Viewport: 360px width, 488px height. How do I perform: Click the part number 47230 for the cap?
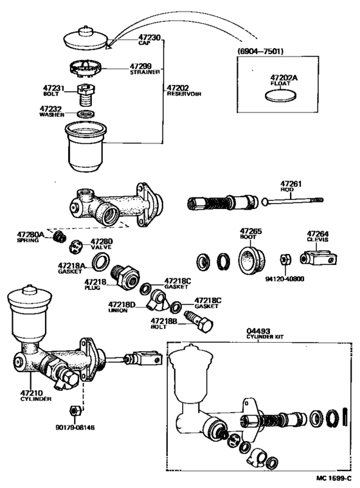click(x=150, y=38)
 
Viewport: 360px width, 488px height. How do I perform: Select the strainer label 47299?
click(x=141, y=66)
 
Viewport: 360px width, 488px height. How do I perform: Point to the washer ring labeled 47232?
click(x=84, y=114)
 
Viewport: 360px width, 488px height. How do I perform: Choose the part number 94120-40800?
click(x=286, y=280)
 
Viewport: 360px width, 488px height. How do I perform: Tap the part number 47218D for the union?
click(x=122, y=303)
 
